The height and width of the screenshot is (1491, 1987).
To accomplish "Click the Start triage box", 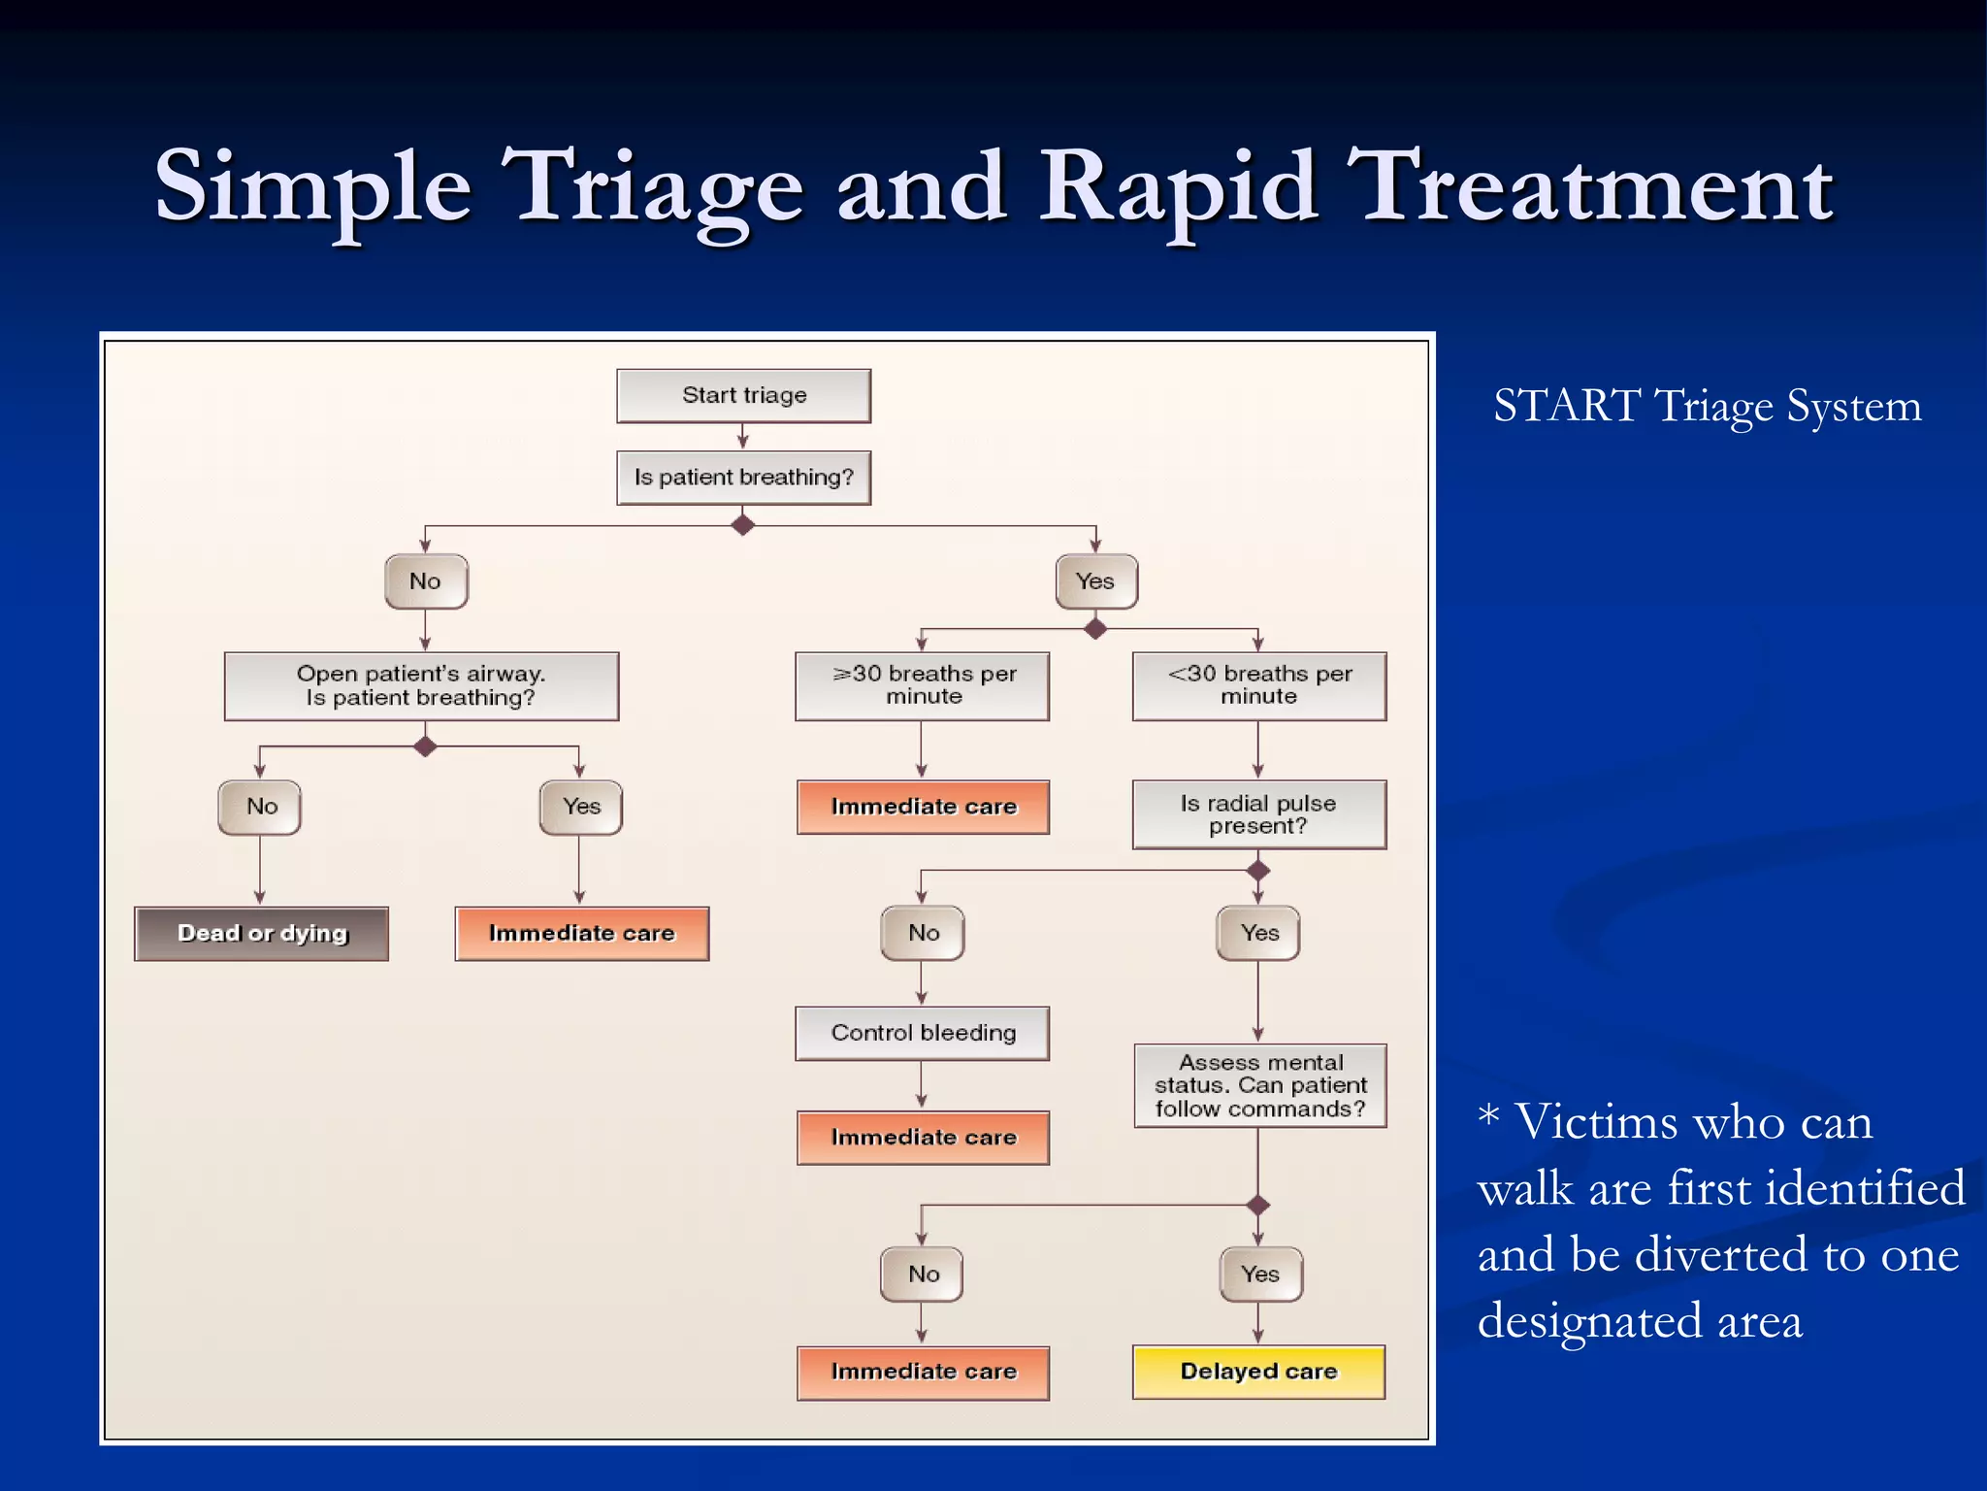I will point(743,395).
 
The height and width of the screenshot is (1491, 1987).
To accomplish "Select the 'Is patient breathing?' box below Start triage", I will point(743,478).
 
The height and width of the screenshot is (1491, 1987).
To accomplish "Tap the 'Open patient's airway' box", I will point(421,685).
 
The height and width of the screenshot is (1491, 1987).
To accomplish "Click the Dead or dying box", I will point(261,934).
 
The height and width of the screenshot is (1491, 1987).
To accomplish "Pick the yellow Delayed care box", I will point(1258,1372).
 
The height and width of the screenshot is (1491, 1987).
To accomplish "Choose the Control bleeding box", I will point(922,1033).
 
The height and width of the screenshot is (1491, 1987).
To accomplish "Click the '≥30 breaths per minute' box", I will point(922,685).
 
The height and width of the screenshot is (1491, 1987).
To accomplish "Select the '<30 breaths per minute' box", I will point(1258,685).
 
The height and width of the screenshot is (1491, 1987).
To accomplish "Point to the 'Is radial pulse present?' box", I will point(1258,814).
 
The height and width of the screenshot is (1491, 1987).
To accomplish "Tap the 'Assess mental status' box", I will point(1259,1085).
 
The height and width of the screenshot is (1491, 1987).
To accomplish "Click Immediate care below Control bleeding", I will point(923,1138).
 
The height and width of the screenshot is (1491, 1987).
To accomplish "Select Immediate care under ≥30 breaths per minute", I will point(923,807).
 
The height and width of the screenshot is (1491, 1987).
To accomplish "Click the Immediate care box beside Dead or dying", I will point(581,934).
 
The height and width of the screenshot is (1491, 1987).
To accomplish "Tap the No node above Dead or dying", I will point(260,807).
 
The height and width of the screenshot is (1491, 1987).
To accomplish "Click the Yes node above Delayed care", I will point(1259,1274).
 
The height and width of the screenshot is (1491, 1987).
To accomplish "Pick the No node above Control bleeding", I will point(923,933).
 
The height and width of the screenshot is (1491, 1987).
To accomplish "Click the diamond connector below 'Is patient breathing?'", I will point(743,525).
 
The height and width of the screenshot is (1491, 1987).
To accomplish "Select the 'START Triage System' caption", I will point(1707,406).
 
